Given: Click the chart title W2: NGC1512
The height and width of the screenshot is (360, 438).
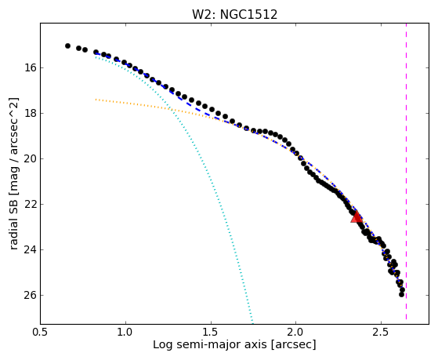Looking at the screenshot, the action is tap(234, 15).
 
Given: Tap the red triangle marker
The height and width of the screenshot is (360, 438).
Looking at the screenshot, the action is tap(357, 217).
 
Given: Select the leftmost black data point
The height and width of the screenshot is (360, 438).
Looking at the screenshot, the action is tap(67, 45).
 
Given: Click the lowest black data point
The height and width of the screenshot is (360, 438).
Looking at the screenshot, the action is tap(402, 294).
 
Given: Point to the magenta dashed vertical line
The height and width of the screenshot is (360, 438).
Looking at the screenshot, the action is tap(406, 172).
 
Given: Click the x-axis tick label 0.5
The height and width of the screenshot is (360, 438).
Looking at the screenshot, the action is tap(40, 332).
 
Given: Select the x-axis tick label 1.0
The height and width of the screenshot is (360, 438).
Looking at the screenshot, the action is tap(125, 332).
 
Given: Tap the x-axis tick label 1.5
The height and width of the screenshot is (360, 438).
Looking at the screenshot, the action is tap(211, 332).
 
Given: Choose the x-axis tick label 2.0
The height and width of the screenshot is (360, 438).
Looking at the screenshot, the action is tap(296, 332).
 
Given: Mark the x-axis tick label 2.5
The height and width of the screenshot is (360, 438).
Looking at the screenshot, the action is tap(381, 332).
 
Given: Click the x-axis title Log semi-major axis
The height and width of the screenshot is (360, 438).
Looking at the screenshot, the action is tap(210, 345).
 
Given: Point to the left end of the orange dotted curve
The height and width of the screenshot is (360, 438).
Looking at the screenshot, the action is tap(96, 100).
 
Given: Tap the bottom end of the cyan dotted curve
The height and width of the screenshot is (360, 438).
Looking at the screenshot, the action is tap(252, 322).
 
